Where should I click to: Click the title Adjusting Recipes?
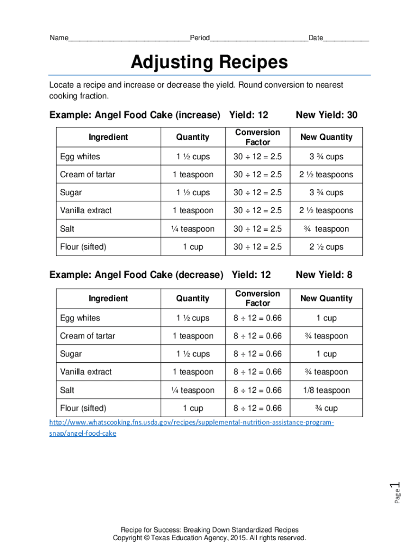coord(209,63)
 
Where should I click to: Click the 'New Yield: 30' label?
coord(326,115)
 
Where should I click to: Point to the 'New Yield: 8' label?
coord(324,275)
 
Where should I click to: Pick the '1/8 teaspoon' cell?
coord(326,390)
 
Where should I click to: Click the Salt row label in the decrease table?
coord(67,390)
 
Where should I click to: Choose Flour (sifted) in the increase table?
coord(83,247)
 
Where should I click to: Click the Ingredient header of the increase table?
coord(108,137)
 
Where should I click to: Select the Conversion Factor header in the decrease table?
coord(257,298)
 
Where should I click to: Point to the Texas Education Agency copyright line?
coord(209,538)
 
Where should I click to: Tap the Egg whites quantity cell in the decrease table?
coord(193,318)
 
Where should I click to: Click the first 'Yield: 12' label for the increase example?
coord(249,115)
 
